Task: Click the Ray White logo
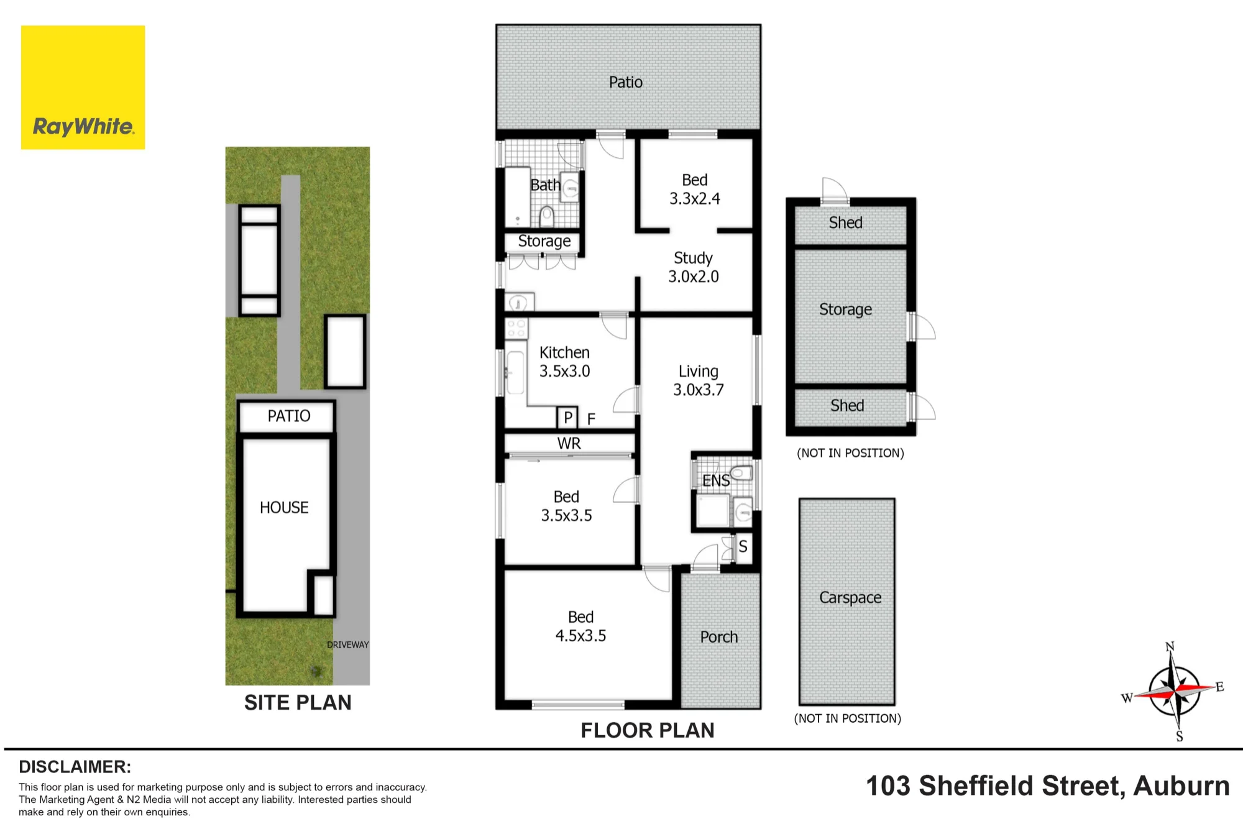click(83, 87)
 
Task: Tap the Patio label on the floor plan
click(626, 82)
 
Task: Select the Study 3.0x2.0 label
click(694, 267)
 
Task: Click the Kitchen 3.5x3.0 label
click(564, 362)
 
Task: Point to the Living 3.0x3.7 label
click(699, 380)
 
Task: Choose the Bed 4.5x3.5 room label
click(580, 626)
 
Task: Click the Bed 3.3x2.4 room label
click(695, 189)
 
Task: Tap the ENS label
click(716, 480)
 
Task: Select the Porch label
click(719, 637)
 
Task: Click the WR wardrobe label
click(569, 444)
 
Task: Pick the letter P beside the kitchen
click(568, 418)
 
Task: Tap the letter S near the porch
click(743, 547)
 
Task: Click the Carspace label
click(850, 597)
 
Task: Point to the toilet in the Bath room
click(547, 217)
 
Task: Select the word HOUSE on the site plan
click(284, 508)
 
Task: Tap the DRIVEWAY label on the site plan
click(348, 645)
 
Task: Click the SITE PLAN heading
click(298, 703)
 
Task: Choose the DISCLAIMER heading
click(75, 767)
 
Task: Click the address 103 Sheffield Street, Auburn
click(1048, 786)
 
